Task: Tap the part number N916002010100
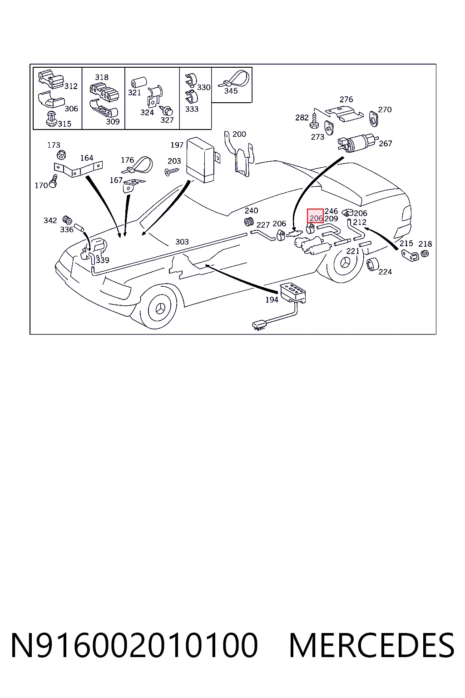coord(134,645)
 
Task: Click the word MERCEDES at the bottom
coord(371,645)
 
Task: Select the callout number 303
coord(182,242)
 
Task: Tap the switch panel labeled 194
coord(293,294)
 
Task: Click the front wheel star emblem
coord(160,309)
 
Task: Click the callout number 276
coord(346,100)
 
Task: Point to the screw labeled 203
coord(172,171)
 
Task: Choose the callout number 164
coord(87,158)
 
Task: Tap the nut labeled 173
coord(61,154)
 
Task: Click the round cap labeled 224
coord(372,264)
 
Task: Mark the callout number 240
coord(251,211)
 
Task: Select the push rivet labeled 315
coord(51,119)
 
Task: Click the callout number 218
coord(425,244)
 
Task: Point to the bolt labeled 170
coord(54,181)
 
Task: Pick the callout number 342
coord(50,220)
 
